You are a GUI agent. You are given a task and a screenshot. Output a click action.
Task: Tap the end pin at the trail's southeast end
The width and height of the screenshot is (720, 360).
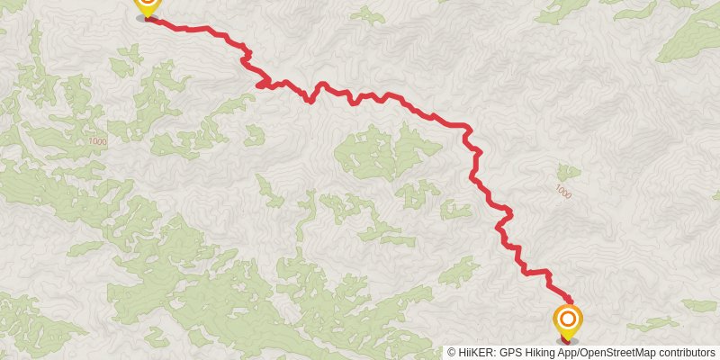[x=568, y=321]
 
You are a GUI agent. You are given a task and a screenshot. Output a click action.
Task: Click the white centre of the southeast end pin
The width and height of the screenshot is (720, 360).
[x=568, y=318]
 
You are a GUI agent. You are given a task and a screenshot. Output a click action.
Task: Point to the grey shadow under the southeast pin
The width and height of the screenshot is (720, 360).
[x=567, y=341]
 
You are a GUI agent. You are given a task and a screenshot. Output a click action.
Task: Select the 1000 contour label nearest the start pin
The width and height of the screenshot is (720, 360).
[x=97, y=141]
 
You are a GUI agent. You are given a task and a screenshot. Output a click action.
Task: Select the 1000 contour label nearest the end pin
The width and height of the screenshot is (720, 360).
[x=562, y=191]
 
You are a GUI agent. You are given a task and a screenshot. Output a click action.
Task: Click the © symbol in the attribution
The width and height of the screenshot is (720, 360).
[x=452, y=352]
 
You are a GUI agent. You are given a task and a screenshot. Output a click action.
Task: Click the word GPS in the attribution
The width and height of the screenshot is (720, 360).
[x=509, y=352]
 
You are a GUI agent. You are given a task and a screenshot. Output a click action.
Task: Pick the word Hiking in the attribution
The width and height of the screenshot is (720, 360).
[x=539, y=352]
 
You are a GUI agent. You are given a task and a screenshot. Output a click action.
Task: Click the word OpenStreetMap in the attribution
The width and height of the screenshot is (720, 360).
[x=616, y=352]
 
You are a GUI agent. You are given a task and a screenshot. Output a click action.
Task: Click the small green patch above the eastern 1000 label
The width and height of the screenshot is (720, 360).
[x=567, y=171]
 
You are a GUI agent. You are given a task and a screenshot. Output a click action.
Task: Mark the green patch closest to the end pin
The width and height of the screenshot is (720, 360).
[x=652, y=324]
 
